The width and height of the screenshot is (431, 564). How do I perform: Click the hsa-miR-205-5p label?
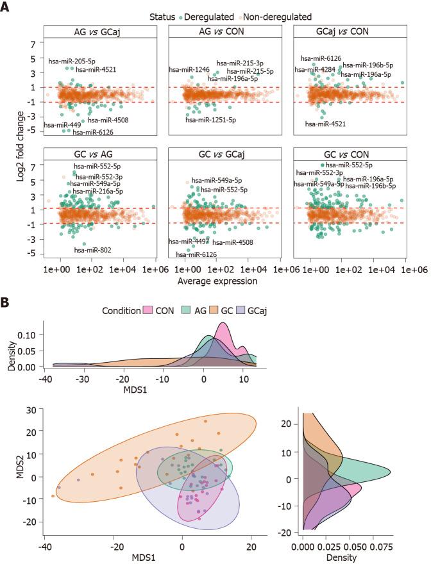pos(71,62)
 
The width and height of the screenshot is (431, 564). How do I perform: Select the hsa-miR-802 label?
pos(92,249)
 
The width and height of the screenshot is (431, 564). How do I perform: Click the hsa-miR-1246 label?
pos(187,69)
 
